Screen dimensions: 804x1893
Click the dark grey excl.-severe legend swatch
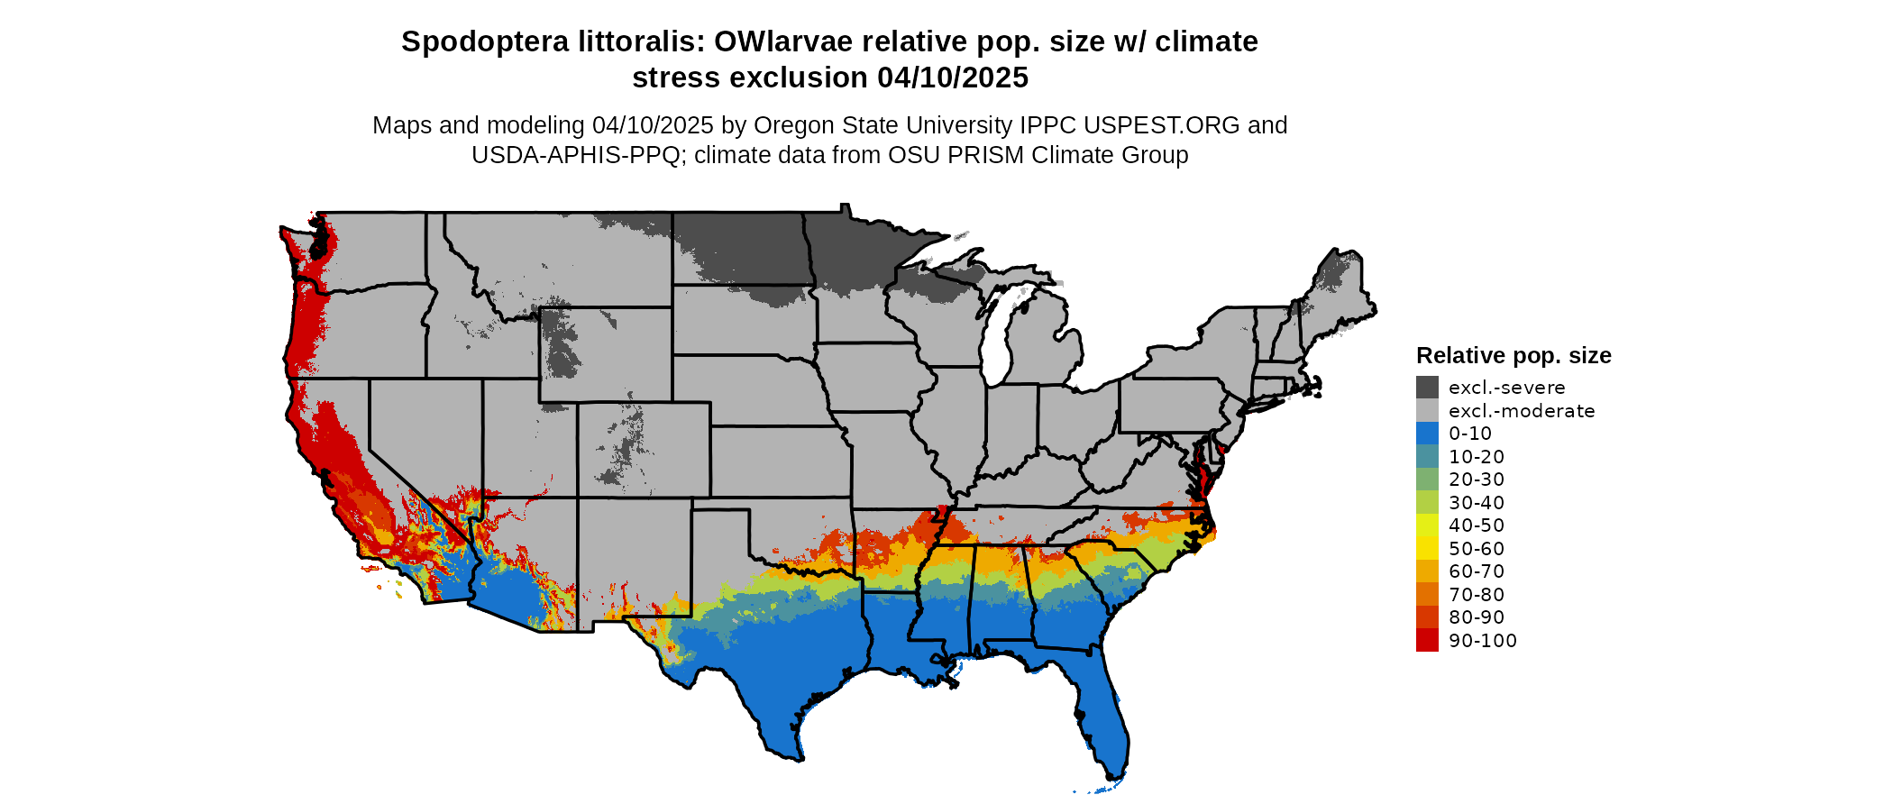[x=1427, y=388]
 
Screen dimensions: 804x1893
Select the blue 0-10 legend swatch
[x=1427, y=434]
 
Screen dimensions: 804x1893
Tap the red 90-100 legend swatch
[x=1427, y=641]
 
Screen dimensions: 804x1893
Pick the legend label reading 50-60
[x=1477, y=549]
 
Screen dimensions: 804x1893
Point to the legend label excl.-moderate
[x=1522, y=411]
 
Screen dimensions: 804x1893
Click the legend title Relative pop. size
[x=1513, y=356]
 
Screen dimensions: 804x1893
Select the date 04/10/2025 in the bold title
[x=953, y=78]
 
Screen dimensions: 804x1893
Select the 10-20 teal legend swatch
[x=1427, y=457]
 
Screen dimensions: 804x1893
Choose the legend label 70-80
[x=1477, y=595]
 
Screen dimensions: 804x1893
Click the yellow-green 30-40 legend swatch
[x=1427, y=503]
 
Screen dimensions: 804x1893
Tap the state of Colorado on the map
[x=644, y=450]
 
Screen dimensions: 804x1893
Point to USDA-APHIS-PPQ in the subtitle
[x=576, y=155]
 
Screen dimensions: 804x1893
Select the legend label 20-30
[x=1477, y=480]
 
